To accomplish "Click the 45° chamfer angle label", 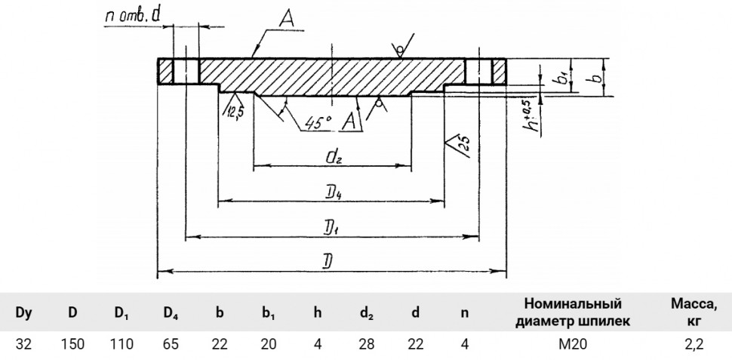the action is pos(318,122).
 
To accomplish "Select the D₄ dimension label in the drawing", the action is pos(333,192).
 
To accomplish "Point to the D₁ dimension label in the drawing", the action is pos(332,228).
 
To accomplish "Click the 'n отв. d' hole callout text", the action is pos(133,17).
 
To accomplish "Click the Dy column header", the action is pos(24,313).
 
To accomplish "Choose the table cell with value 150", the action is pos(72,345).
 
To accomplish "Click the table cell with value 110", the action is pos(121,345).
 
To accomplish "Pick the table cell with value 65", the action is pos(171,345).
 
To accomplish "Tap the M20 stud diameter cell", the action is pos(573,345).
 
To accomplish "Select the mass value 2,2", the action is pos(693,345).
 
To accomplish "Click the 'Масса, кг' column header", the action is pos(694,312).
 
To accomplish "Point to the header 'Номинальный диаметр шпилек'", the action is pos(573,312).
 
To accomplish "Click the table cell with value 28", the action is pos(367,345).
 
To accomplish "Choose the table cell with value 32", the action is pos(24,345).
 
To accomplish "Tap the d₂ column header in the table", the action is pos(367,313).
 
